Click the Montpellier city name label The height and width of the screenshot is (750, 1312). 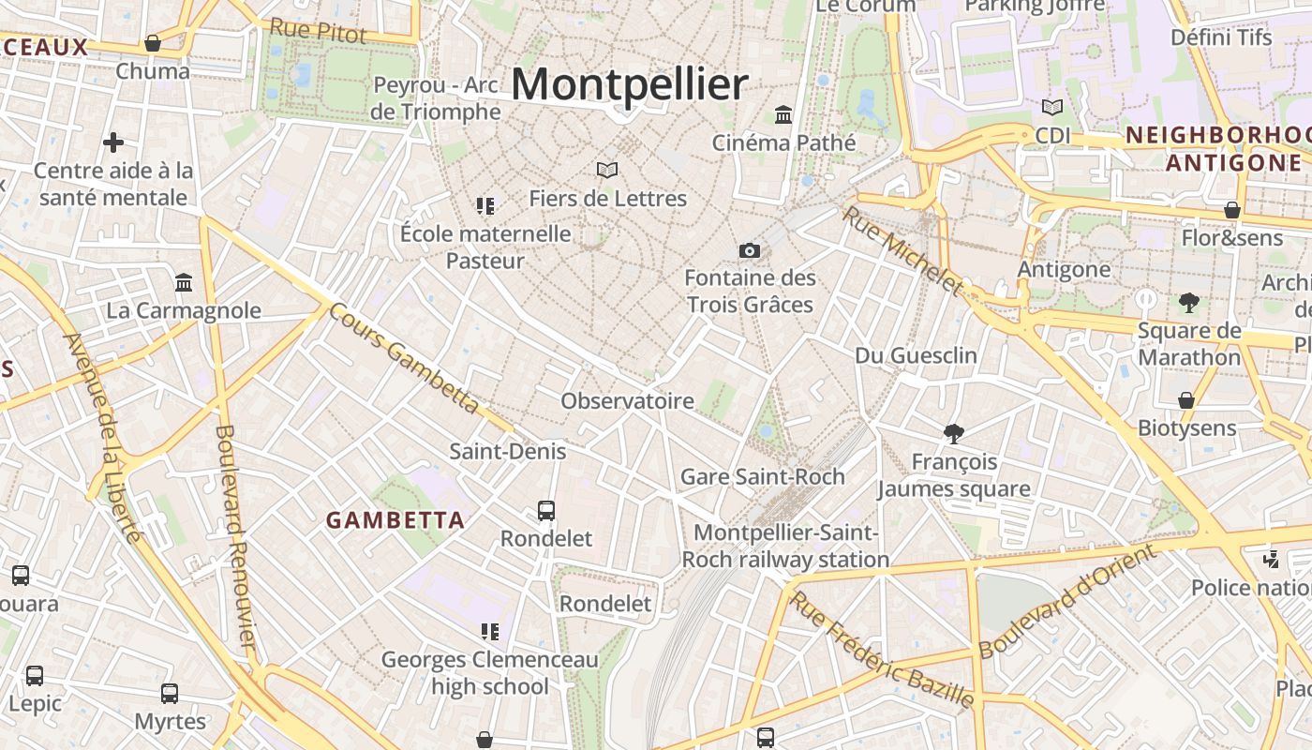[x=630, y=84]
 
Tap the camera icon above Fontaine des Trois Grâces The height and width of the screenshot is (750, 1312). [x=749, y=250]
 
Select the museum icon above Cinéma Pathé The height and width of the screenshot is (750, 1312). [x=783, y=115]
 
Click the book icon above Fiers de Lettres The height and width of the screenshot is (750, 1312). [x=607, y=170]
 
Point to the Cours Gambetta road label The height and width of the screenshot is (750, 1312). [x=404, y=358]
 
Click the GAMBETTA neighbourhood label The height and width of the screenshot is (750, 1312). [x=395, y=520]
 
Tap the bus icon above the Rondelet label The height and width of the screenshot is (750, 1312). [x=546, y=511]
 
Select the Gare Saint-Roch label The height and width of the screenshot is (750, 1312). [x=762, y=476]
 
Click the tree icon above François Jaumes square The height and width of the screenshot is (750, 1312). [x=954, y=433]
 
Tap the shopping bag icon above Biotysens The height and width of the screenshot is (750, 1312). [x=1186, y=400]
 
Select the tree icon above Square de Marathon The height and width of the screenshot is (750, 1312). [x=1189, y=302]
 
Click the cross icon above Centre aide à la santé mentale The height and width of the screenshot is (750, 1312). [x=113, y=142]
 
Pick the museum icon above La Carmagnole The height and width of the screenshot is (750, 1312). [x=184, y=282]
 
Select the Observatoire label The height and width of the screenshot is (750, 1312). [x=627, y=401]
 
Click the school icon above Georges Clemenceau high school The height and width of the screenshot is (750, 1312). [x=489, y=632]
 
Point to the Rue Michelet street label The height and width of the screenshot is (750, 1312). [x=902, y=251]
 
